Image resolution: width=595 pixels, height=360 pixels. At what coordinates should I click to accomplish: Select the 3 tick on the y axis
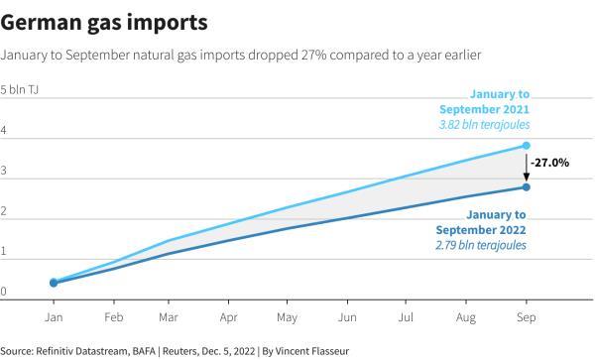coord(4,171)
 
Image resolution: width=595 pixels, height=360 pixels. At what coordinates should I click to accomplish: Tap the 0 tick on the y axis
coord(4,292)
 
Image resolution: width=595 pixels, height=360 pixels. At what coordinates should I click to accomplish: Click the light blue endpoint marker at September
coord(526,146)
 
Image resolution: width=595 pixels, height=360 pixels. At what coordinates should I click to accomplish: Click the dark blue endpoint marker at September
coord(526,187)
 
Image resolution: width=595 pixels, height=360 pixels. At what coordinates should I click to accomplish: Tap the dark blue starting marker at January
coord(54,283)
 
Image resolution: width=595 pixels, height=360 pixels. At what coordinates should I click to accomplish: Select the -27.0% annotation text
coord(550,162)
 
